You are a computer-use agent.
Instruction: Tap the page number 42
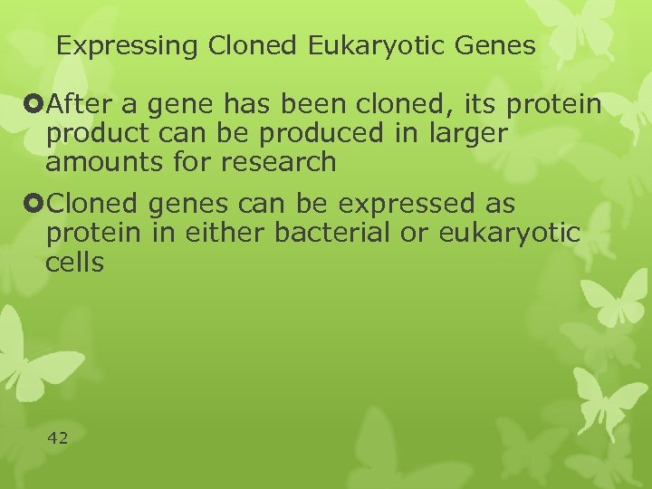point(57,438)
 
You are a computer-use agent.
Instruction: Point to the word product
point(89,135)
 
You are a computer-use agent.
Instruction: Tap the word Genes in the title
point(496,45)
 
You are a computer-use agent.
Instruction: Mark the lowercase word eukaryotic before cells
point(509,233)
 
